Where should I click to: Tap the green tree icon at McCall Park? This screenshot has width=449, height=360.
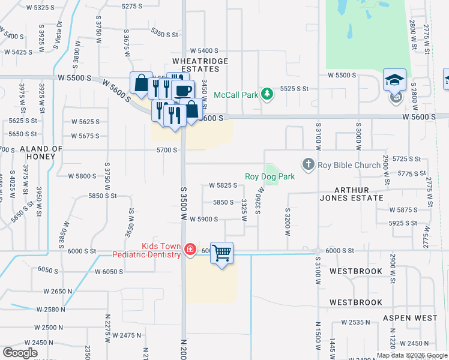coord(268,94)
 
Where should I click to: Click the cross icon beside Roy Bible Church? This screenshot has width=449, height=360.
coord(309,164)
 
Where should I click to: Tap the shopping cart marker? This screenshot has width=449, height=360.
coord(221,253)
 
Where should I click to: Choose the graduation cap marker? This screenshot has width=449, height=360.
coord(394,79)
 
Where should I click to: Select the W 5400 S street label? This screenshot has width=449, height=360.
coord(203,51)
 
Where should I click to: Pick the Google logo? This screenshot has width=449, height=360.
coord(20,353)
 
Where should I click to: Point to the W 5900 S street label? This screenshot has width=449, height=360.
coord(203,220)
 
